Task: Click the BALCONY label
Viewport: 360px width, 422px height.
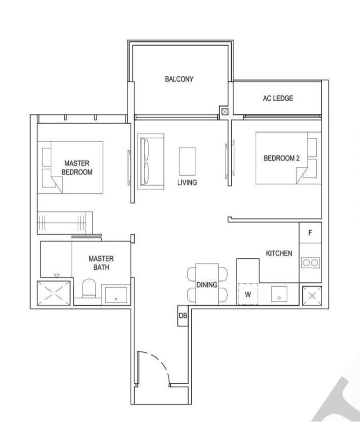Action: [x=179, y=79]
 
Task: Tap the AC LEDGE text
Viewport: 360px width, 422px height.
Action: [x=278, y=98]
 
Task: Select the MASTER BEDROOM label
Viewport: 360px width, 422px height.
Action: [x=77, y=168]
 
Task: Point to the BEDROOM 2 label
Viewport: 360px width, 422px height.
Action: [x=281, y=158]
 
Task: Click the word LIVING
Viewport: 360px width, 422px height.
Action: [x=187, y=183]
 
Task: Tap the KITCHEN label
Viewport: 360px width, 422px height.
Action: [x=279, y=253]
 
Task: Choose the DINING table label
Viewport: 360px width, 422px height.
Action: [x=207, y=285]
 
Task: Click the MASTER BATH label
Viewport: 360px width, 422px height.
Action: [x=101, y=263]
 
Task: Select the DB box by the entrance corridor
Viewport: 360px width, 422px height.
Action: [x=183, y=316]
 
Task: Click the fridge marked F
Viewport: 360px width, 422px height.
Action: [x=310, y=233]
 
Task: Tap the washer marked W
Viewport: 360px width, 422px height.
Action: [x=248, y=294]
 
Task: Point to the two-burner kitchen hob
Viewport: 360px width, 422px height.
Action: [x=310, y=262]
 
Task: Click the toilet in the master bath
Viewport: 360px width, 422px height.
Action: [x=89, y=288]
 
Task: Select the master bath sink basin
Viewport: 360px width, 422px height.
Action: [x=116, y=295]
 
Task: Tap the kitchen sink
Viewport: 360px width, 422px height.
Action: [x=279, y=294]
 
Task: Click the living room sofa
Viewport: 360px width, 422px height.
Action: [x=151, y=162]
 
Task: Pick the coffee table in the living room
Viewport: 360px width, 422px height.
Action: [x=187, y=162]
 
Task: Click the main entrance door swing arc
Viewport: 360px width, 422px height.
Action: [x=158, y=362]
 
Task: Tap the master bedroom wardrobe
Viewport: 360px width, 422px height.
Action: [x=65, y=223]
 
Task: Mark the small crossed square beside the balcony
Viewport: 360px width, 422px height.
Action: [x=225, y=112]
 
